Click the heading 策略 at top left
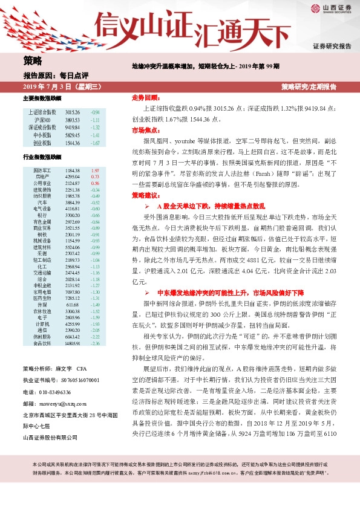click(33, 60)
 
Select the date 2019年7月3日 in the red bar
click(42, 87)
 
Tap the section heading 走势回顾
click(145, 97)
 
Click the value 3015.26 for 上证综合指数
click(72, 112)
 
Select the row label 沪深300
click(42, 120)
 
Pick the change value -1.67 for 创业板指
click(95, 143)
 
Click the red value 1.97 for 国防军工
click(94, 171)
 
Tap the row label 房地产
click(42, 177)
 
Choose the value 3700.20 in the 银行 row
click(72, 215)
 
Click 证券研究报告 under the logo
click(332, 46)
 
